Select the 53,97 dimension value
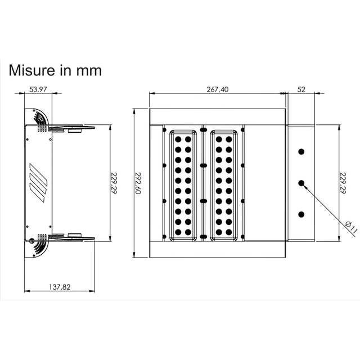pos(38,89)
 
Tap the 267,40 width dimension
pos(218,89)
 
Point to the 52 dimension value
pos(301,89)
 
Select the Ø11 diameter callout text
pos(350,227)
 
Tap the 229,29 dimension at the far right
pos(343,182)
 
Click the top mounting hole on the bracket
pos(301,152)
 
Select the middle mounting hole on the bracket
pos(301,183)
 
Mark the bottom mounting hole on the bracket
pos(301,214)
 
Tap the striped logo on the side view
pos(38,183)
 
